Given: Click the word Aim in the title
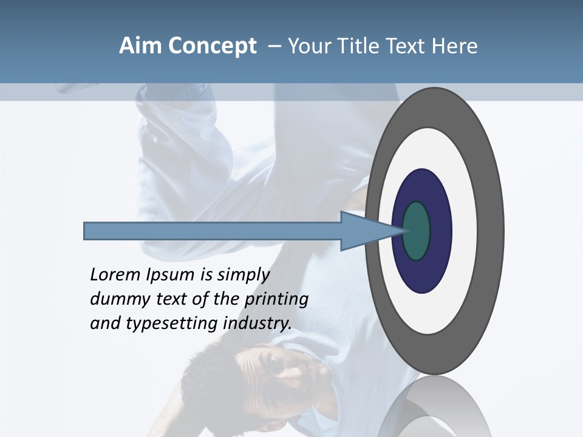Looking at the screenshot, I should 140,46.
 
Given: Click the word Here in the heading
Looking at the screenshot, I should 455,46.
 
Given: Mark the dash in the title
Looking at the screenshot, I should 274,47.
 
